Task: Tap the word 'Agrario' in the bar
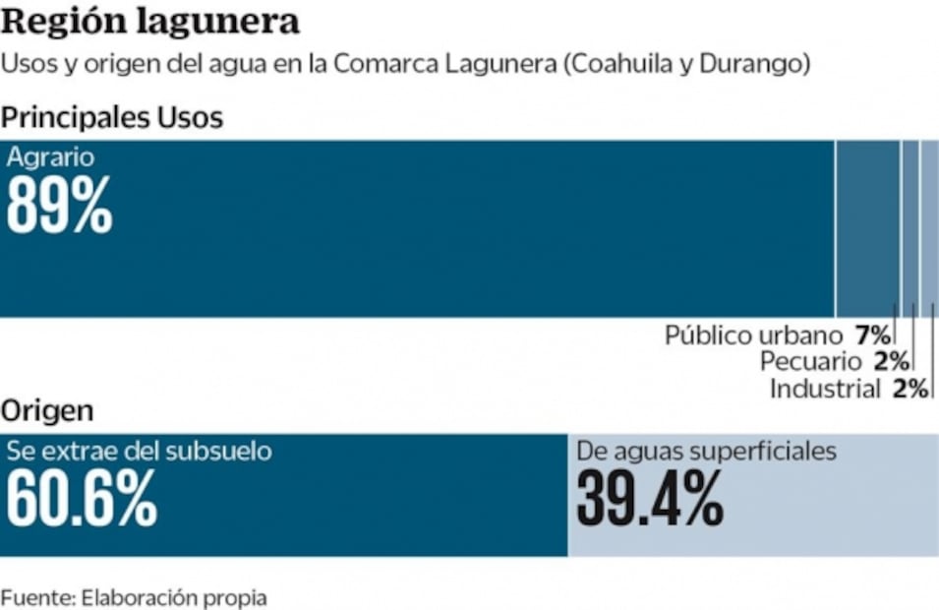coord(50,156)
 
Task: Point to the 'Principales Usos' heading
coord(112,118)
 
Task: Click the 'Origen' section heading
coord(47,410)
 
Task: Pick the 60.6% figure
coord(82,499)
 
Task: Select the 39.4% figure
coord(650,499)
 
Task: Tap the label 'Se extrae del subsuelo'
coord(139,452)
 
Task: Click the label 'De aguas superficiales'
coord(706,452)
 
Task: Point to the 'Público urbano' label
coord(753,335)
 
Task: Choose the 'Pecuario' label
coord(812,361)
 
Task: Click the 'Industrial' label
coord(824,389)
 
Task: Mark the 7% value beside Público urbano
coord(873,335)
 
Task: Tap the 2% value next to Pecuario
coord(891,361)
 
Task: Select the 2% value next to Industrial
coord(910,389)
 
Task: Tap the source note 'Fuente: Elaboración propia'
coord(134,596)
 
